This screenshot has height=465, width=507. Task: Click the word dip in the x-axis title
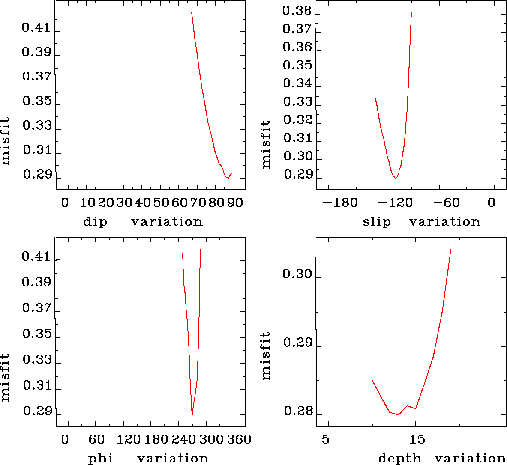point(95,222)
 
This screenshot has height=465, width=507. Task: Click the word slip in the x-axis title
point(377,222)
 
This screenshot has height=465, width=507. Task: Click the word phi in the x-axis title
point(101,459)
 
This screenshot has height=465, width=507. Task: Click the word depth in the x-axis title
point(400,459)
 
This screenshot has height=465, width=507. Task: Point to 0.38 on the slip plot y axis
point(297,11)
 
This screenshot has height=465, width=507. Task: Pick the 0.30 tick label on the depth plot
point(297,274)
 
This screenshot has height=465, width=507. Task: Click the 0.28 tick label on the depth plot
point(297,412)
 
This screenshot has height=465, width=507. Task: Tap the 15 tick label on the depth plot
point(417,439)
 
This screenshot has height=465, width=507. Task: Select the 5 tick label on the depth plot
point(326,439)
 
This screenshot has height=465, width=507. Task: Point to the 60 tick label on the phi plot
point(97,439)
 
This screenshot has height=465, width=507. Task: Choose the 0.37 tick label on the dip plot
point(36,77)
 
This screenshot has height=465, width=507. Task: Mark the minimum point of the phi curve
point(192,414)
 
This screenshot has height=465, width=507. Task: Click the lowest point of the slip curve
point(396,178)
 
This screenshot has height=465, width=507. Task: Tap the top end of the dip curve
point(192,12)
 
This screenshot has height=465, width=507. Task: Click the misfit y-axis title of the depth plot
point(266,356)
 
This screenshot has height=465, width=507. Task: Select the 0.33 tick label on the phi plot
point(36,359)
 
